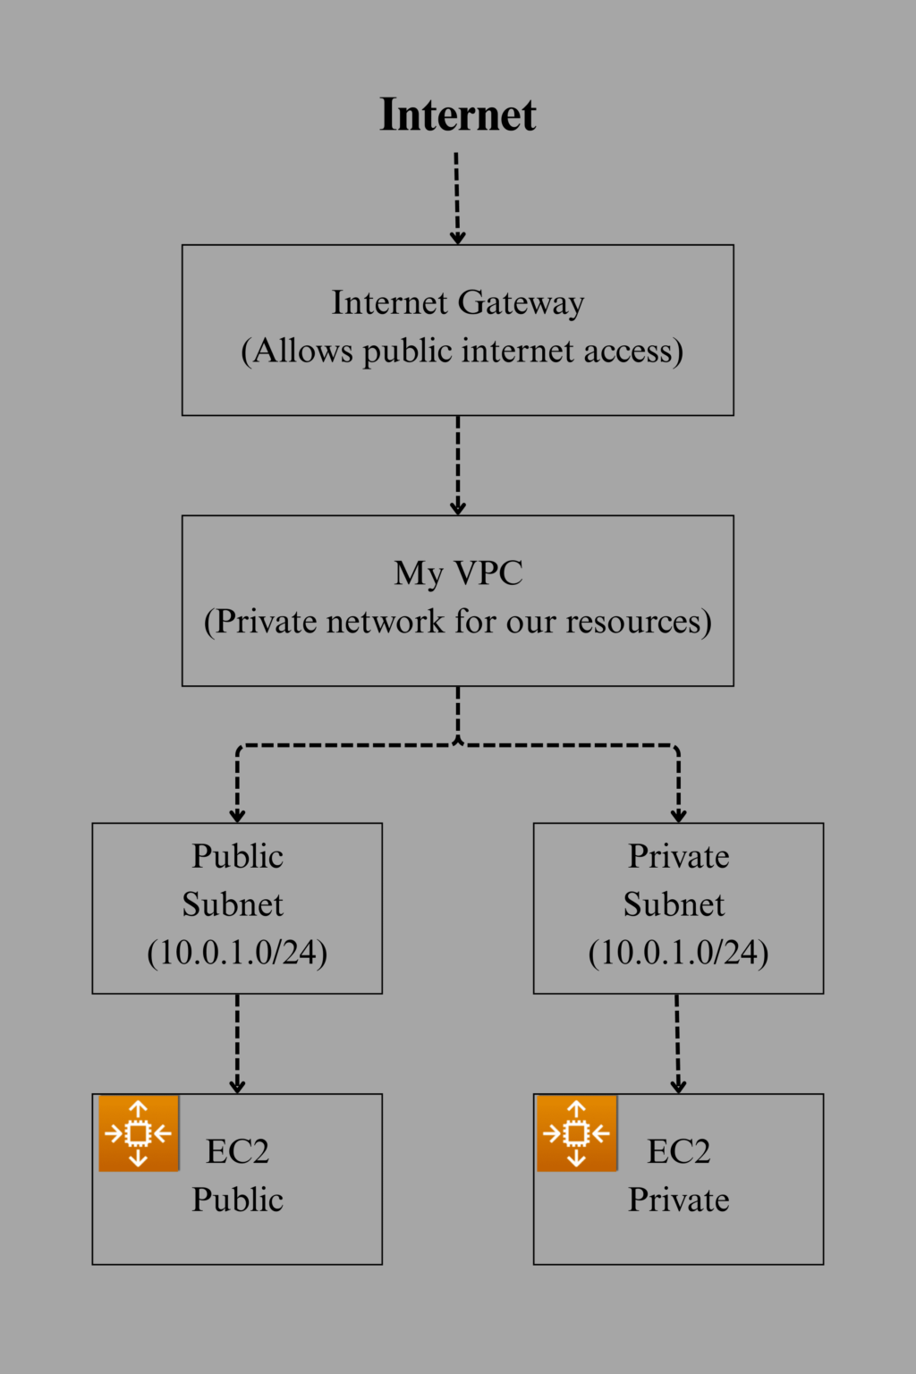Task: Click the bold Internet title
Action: (457, 115)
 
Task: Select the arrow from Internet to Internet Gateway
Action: (457, 199)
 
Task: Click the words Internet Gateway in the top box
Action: (457, 302)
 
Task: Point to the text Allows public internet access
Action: (462, 351)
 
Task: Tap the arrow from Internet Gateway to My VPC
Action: (457, 465)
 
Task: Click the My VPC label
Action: (458, 572)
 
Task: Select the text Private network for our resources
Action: (458, 621)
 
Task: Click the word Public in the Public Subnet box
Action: (237, 856)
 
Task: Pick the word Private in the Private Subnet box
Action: (678, 856)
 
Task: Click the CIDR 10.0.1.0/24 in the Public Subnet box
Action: (237, 953)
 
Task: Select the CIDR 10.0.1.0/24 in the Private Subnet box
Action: (678, 953)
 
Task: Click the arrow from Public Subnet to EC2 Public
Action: (237, 1043)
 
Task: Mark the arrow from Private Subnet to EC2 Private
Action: (678, 1043)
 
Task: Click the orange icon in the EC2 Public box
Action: (139, 1133)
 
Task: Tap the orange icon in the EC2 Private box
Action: (577, 1133)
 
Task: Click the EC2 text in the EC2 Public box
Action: (237, 1151)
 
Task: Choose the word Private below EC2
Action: (678, 1200)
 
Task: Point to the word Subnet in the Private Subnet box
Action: (674, 904)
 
